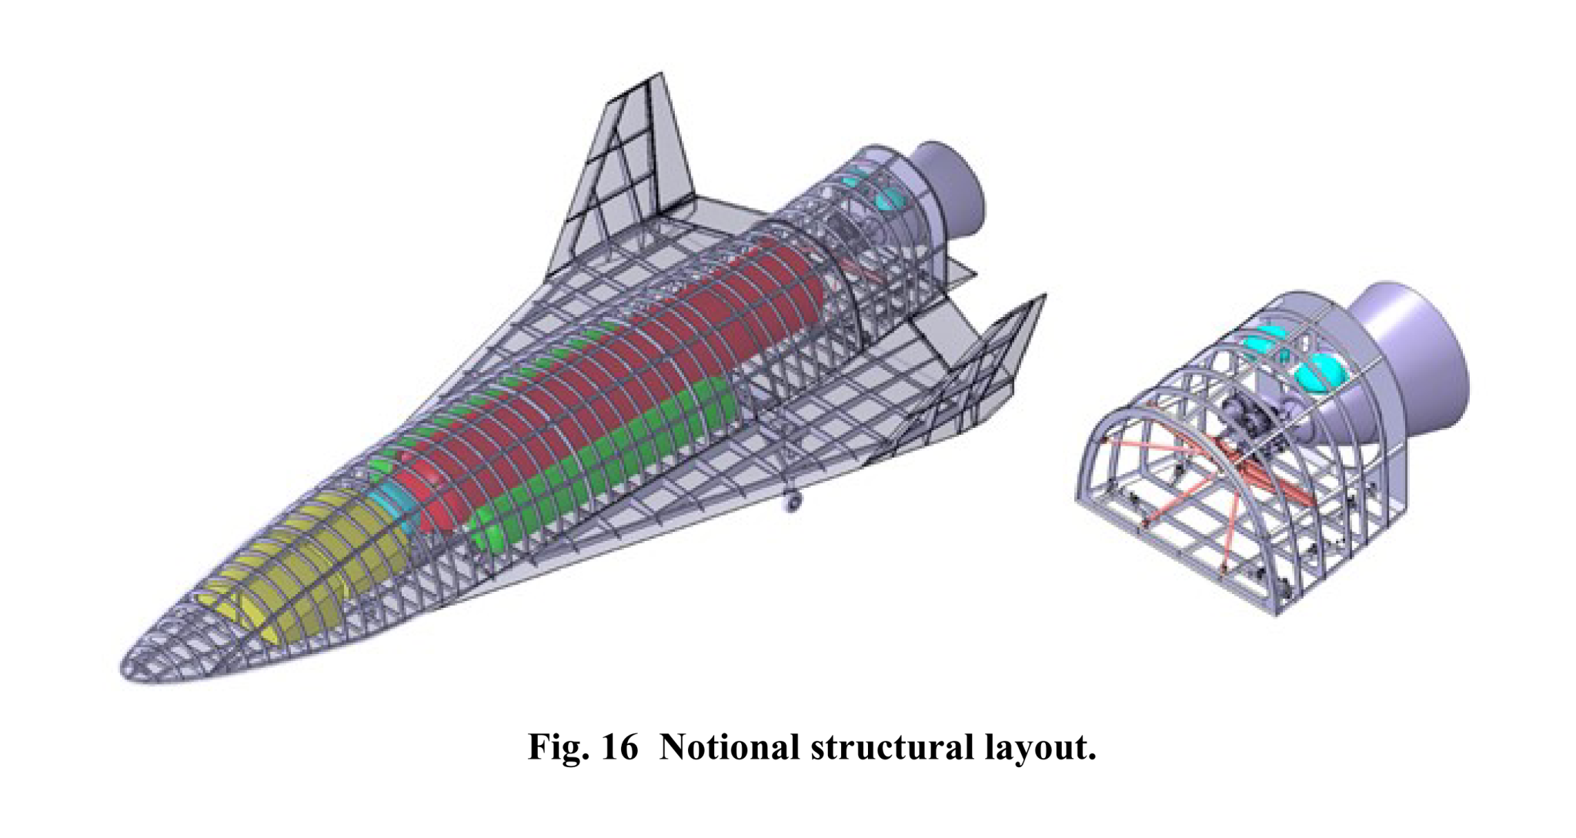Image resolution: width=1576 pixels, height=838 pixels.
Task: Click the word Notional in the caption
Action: (x=730, y=747)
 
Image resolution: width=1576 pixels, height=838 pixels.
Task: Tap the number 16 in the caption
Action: (x=621, y=747)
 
